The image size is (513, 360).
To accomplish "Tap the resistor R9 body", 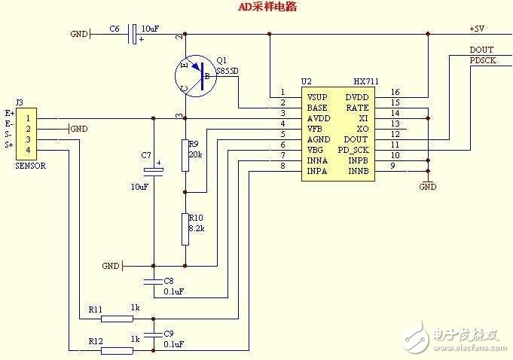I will click(185, 156).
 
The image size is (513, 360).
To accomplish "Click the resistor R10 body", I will click(185, 230).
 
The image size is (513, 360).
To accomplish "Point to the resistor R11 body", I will click(116, 319).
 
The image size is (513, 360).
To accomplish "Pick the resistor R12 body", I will click(116, 350).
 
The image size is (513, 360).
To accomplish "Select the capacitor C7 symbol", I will click(153, 172).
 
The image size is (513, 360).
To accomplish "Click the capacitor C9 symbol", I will click(153, 334).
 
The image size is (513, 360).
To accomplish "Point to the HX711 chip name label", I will click(365, 81).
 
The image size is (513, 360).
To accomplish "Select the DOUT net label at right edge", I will click(481, 50).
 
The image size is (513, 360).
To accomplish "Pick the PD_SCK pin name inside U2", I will click(353, 150).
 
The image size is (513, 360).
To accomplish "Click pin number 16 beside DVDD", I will click(395, 92).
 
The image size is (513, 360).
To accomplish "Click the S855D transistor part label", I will click(228, 71).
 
